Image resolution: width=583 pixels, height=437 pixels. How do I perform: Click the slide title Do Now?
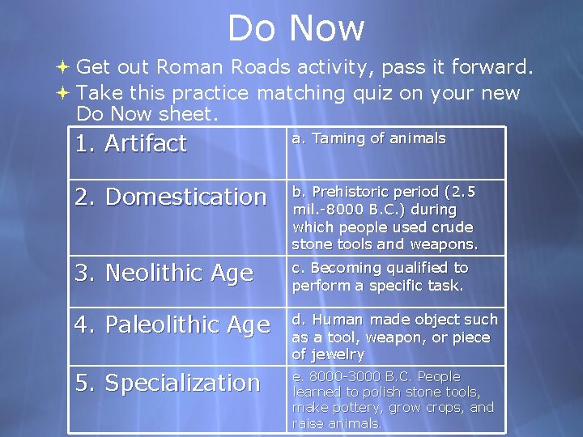click(x=296, y=28)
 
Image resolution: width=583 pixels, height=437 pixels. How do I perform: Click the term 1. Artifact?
click(x=130, y=144)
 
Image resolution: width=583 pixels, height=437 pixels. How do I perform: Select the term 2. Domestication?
click(x=170, y=197)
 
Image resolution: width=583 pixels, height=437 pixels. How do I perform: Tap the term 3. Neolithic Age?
click(x=164, y=274)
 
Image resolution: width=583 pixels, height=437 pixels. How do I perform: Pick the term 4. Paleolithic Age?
click(x=172, y=325)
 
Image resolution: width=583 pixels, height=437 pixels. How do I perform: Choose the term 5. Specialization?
click(x=167, y=383)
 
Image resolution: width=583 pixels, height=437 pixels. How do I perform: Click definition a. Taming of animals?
click(x=368, y=138)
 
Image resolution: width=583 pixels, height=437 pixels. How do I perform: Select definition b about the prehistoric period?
click(x=385, y=218)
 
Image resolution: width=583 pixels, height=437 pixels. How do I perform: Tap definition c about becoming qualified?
click(x=380, y=276)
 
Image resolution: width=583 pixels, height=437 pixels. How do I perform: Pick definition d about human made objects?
click(x=394, y=337)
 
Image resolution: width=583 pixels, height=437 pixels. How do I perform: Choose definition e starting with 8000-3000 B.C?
click(x=392, y=400)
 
